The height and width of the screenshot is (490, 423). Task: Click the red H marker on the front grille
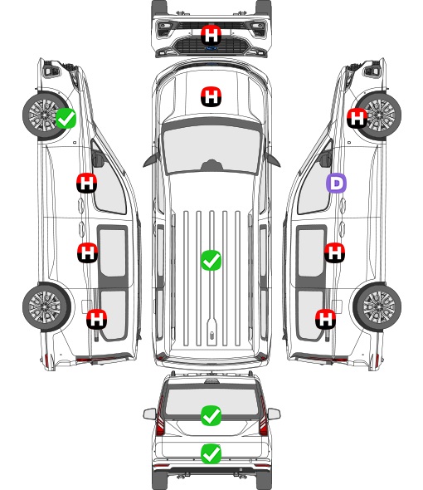pos(211,35)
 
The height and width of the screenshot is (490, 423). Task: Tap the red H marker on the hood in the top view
pos(211,96)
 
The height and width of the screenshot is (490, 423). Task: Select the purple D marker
pos(336,183)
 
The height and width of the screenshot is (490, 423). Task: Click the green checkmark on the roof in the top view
pos(211,260)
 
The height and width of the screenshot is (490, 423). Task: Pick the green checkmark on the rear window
pos(211,415)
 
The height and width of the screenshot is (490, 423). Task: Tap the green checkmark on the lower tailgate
pos(211,453)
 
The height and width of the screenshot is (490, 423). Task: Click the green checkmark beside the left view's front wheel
pos(66,118)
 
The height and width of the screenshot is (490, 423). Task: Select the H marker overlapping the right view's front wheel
pos(357,118)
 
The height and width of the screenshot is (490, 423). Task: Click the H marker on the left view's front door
pos(87,183)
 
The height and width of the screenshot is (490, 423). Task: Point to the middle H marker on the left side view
pos(87,252)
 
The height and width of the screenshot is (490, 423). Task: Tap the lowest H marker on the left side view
pos(97,319)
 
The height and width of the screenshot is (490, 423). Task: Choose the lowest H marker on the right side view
pos(326,319)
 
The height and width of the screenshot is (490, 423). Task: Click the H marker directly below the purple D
pos(334,252)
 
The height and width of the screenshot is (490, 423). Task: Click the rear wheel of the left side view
pos(46,307)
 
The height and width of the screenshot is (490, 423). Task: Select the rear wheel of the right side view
pos(377,307)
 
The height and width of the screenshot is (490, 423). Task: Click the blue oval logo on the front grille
pos(211,48)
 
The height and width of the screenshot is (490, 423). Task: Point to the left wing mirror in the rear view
pos(149,414)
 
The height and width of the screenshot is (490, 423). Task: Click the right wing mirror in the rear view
pos(274,414)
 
